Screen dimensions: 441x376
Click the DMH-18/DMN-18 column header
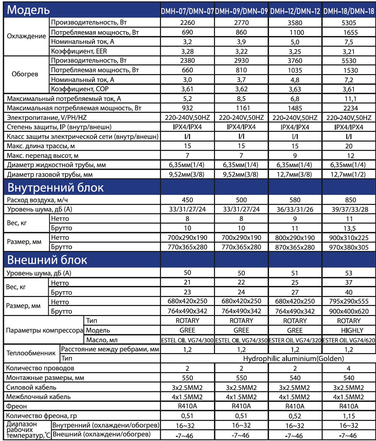(x=349, y=11)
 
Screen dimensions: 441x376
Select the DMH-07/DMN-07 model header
(x=187, y=11)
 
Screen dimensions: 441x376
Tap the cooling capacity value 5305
(x=349, y=23)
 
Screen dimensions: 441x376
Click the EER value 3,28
(x=187, y=51)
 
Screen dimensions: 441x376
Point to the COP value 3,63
(x=295, y=89)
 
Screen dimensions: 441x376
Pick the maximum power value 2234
(x=349, y=108)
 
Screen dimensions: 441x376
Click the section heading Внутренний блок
(x=55, y=188)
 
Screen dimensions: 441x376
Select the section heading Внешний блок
(x=47, y=260)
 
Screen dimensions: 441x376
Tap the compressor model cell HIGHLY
(x=349, y=330)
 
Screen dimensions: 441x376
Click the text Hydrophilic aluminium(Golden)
(x=293, y=359)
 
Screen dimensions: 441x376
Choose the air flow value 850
(x=349, y=200)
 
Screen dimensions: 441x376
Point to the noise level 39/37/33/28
(x=349, y=209)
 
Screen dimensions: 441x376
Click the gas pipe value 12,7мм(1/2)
(x=349, y=174)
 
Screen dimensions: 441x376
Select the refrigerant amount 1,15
(x=349, y=416)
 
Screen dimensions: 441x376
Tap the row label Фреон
(x=17, y=406)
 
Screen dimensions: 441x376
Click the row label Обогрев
(x=25, y=74)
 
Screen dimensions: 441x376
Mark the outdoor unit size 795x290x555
(x=349, y=301)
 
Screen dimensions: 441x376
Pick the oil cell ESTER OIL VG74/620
(x=349, y=340)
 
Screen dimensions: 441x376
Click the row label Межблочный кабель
(x=38, y=397)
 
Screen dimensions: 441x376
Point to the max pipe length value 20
(x=349, y=146)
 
